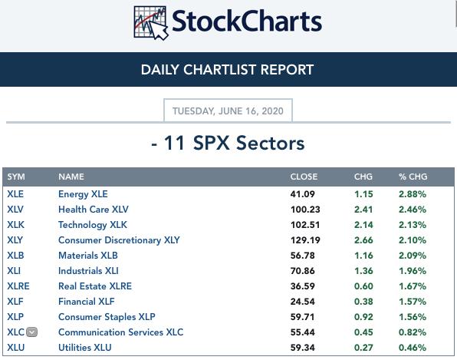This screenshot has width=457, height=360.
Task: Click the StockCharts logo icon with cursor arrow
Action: (x=151, y=22)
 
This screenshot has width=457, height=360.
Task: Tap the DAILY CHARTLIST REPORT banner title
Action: (x=227, y=70)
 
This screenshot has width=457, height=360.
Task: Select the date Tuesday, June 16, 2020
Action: (x=228, y=111)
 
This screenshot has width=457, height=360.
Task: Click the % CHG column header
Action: (x=413, y=177)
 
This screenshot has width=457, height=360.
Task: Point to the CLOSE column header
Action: (x=304, y=177)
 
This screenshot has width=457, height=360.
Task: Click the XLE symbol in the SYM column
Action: (x=15, y=194)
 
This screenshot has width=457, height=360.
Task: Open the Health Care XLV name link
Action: (x=94, y=210)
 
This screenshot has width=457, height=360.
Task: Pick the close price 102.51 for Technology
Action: (x=305, y=225)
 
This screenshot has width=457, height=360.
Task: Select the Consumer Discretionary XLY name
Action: (x=119, y=240)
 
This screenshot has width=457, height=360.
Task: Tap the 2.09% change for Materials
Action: (x=413, y=256)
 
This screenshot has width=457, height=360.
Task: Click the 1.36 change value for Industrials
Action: (x=363, y=271)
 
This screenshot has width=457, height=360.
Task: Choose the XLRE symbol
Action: (x=18, y=286)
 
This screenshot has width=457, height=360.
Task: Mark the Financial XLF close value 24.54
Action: (x=303, y=302)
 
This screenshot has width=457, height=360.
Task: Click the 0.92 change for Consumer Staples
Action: (x=363, y=317)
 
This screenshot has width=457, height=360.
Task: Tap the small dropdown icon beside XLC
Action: (x=31, y=332)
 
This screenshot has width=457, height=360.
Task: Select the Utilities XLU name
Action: (x=85, y=348)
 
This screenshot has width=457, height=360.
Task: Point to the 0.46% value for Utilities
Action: (x=413, y=348)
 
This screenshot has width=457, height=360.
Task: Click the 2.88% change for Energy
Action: (x=413, y=194)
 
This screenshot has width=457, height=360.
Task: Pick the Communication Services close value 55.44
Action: (x=303, y=332)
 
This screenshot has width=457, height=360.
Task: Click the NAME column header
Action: (x=71, y=177)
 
